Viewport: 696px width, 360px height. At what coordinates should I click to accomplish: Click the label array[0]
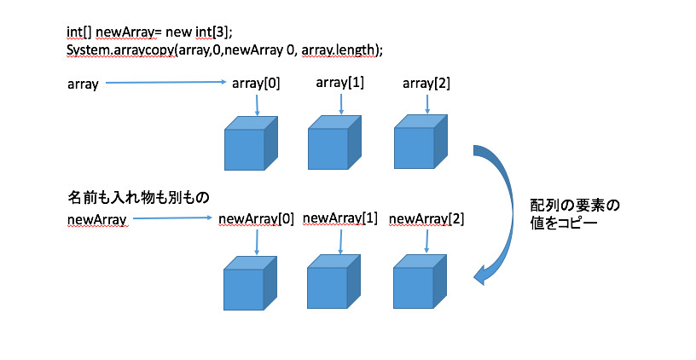click(x=256, y=84)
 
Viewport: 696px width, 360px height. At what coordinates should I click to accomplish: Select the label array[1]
click(x=341, y=83)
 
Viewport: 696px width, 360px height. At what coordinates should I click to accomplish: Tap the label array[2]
click(x=426, y=84)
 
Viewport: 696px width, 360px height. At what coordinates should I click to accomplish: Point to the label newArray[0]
click(x=256, y=219)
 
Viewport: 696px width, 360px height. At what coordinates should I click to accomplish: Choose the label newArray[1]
click(x=340, y=218)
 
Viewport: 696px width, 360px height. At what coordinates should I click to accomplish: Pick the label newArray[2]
click(x=426, y=219)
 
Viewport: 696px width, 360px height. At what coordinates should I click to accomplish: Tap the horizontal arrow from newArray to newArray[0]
click(x=171, y=219)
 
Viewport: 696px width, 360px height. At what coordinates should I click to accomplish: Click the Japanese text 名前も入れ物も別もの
click(x=138, y=198)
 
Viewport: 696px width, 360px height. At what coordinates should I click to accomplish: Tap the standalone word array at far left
click(x=83, y=84)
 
